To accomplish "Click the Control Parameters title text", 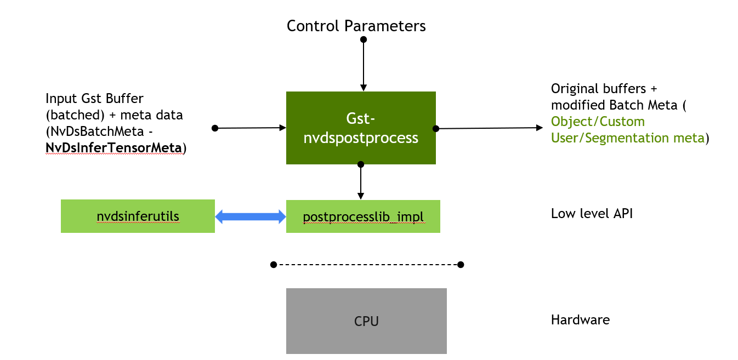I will click(356, 26).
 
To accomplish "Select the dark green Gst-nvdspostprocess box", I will click(361, 128).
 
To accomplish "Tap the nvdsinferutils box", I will click(138, 216).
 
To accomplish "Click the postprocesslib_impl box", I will click(363, 216).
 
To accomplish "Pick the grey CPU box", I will click(366, 321).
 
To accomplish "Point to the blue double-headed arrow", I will click(251, 217).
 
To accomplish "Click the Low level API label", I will click(592, 214).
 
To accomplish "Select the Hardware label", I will click(580, 319).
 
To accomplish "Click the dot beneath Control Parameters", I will click(363, 39).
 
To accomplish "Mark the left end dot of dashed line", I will click(274, 265).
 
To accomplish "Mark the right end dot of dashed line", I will click(461, 265).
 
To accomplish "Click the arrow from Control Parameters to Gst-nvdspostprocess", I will click(363, 66).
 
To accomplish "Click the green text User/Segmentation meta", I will click(627, 138).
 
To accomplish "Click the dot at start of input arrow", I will click(215, 128).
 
